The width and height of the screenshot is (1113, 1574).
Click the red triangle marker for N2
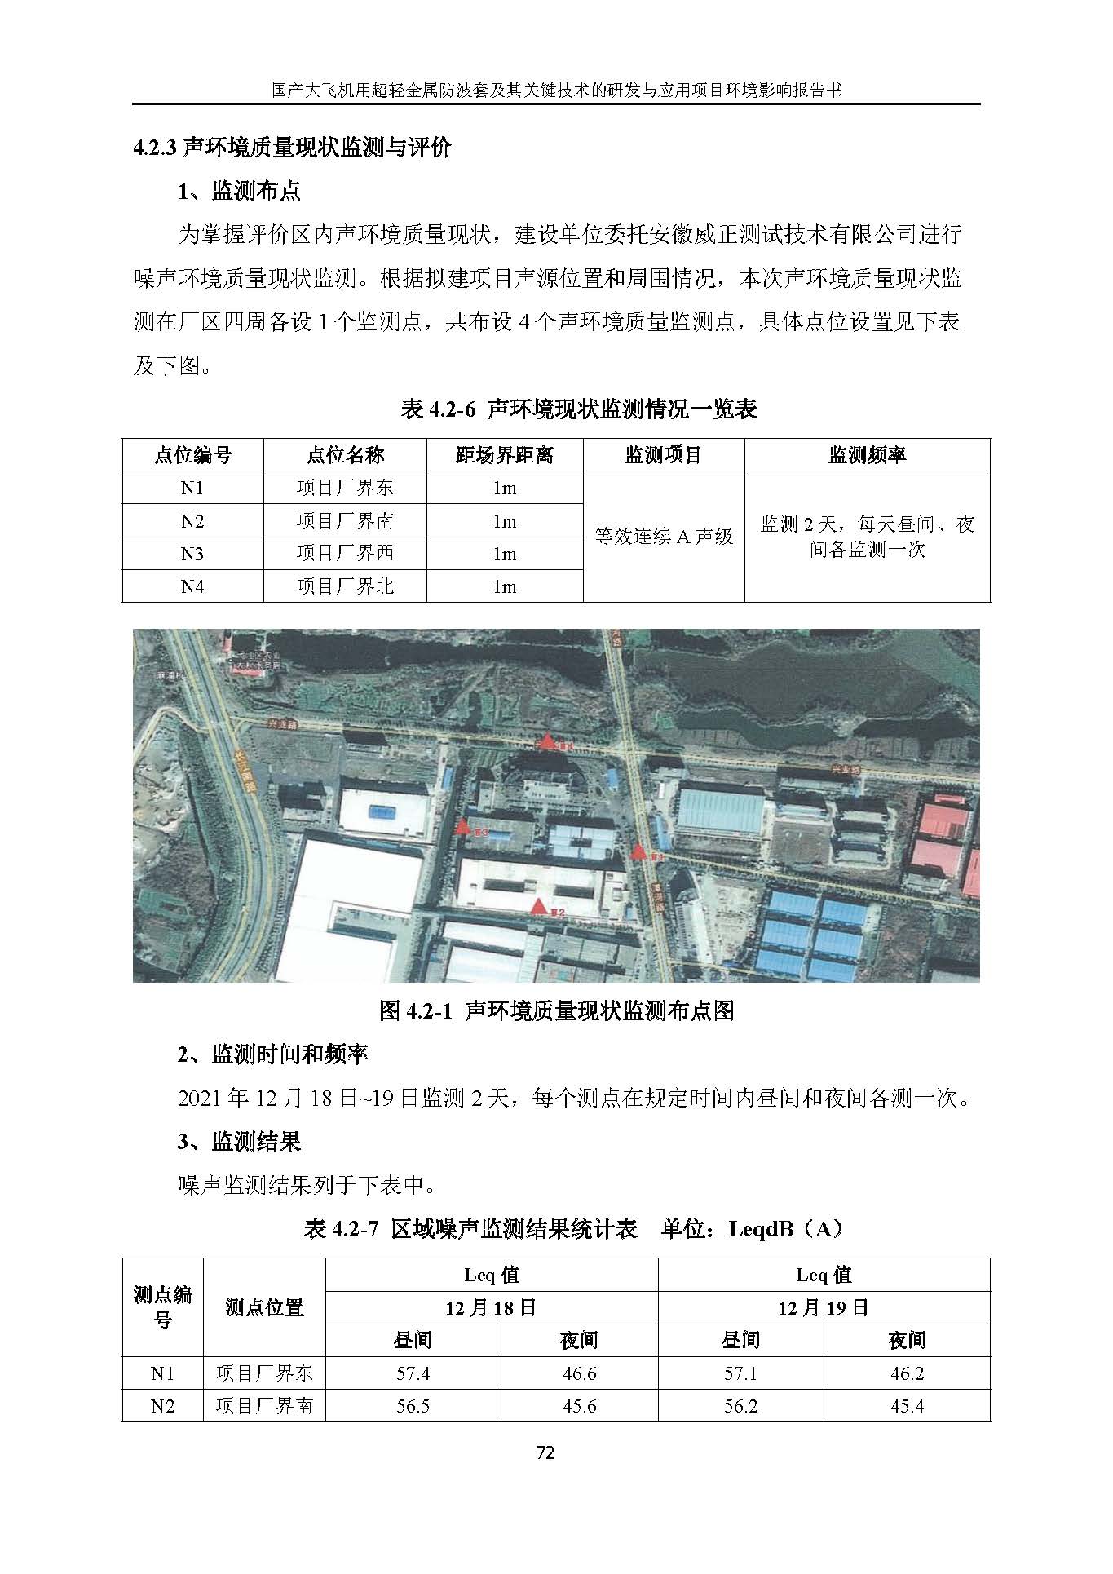pos(537,906)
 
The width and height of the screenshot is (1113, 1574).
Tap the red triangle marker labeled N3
pos(463,826)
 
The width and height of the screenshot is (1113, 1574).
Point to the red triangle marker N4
pos(548,741)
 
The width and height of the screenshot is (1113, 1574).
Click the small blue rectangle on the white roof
pos(381,811)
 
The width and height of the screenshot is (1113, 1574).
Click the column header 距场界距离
pos(504,455)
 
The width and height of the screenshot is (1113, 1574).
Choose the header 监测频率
pos(867,455)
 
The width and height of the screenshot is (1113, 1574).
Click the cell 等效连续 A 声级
pos(664,537)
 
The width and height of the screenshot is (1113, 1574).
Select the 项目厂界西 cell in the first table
pos(345,554)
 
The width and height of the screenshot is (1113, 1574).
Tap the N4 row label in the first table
pos(192,586)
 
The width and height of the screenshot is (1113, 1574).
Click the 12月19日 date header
pos(824,1308)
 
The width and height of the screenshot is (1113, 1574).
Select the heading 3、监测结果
pos(240,1141)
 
